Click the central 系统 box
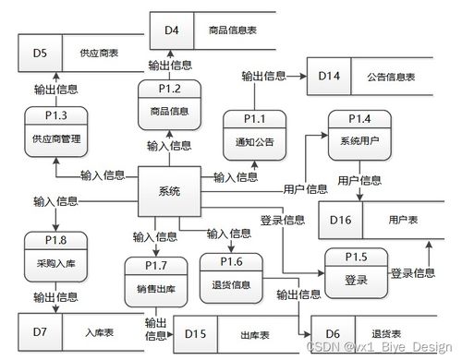(169, 191)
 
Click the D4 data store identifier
(172, 30)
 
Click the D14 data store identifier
(329, 74)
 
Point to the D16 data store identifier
(341, 222)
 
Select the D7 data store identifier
(40, 330)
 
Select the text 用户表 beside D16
(404, 222)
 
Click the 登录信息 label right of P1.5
(413, 273)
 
